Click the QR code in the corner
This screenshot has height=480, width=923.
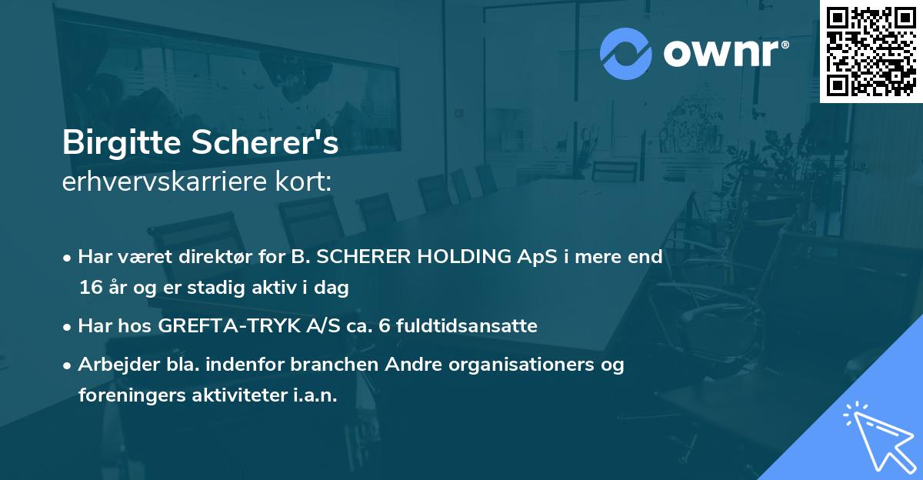click(x=871, y=52)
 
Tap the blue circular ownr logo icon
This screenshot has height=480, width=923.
click(x=626, y=53)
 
